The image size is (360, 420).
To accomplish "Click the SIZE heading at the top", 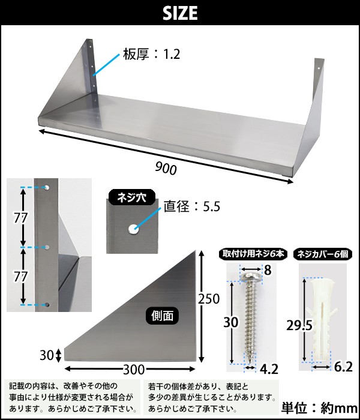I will [x=180, y=13].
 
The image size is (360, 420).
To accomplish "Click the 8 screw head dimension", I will [x=268, y=271].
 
